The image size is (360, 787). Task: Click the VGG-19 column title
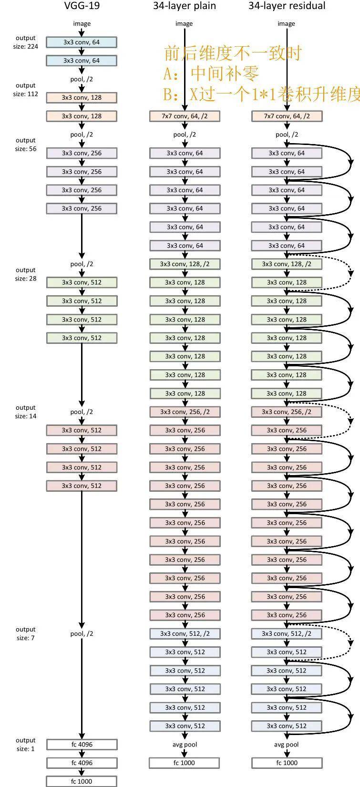coord(82,6)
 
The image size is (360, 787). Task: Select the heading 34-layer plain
coord(184,6)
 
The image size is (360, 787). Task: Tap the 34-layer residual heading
coord(287,6)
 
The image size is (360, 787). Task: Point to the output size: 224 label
coord(25,42)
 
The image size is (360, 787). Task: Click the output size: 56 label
coord(25,145)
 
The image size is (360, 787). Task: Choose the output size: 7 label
coord(25,633)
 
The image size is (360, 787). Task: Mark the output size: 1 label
coord(25,745)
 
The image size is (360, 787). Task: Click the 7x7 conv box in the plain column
coord(185,116)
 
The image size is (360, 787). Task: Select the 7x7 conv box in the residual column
coord(287,116)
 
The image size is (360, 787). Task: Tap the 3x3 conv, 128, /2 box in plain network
coord(185,264)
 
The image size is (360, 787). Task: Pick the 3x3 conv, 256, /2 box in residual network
coord(287,412)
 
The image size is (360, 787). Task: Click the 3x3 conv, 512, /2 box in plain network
coord(185,633)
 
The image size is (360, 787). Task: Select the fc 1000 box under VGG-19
coord(82,781)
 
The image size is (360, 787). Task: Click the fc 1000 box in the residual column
coord(287,763)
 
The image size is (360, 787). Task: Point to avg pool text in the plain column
coord(185,745)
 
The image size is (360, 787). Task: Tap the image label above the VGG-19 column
coord(82,23)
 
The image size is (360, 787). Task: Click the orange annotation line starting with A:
coord(211,74)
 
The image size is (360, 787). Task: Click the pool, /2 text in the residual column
coord(287,135)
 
